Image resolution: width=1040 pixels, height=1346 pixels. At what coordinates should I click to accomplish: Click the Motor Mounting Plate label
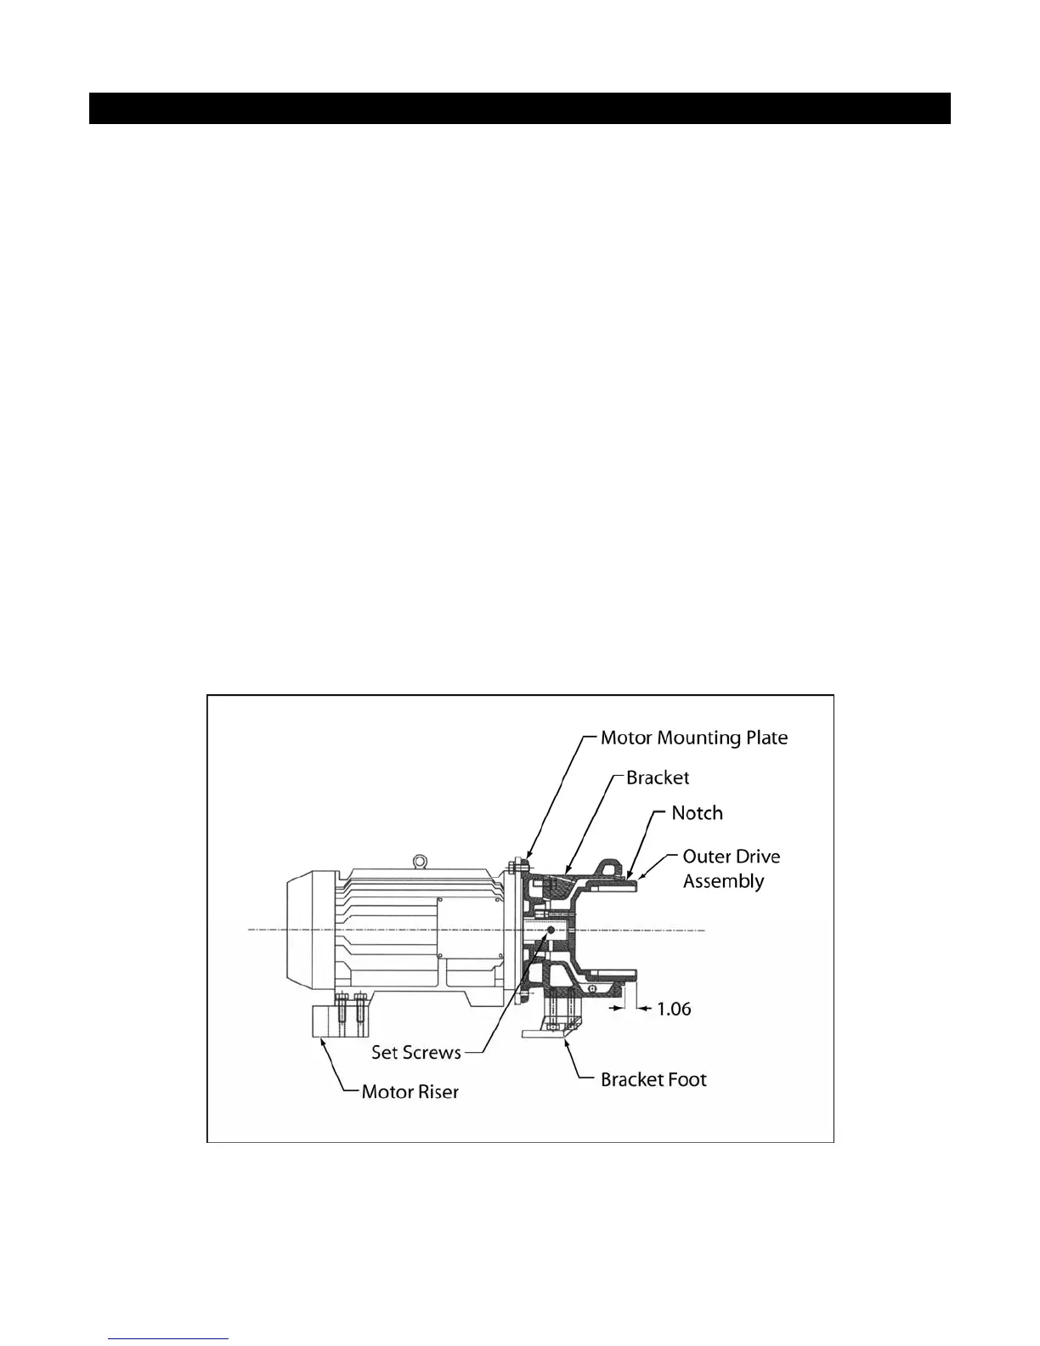(693, 738)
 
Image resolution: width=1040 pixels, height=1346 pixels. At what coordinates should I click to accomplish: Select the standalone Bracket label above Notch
(658, 778)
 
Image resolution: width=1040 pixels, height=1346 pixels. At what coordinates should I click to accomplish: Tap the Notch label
(697, 813)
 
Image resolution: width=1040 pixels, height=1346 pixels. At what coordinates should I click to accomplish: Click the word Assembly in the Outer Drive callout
(723, 881)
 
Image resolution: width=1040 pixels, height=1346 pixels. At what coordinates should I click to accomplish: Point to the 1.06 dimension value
(675, 1009)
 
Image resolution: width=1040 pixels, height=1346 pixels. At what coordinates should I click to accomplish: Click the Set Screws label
(415, 1052)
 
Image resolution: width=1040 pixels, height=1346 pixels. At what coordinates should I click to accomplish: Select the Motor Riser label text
(410, 1091)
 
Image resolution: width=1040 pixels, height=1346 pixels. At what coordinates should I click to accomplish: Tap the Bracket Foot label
(653, 1079)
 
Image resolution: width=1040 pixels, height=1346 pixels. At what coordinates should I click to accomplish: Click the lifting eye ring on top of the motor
(419, 862)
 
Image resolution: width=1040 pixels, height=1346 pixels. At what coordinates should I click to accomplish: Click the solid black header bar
(519, 108)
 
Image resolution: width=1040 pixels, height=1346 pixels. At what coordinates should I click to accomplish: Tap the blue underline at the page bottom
(169, 1339)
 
